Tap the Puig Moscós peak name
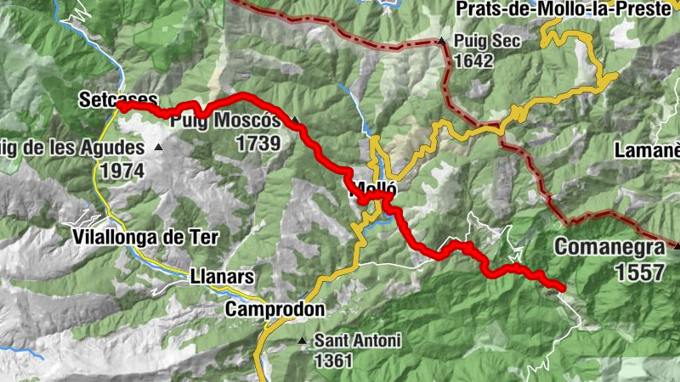pos(225,121)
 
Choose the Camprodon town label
pos(275,310)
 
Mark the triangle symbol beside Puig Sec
pos(442,41)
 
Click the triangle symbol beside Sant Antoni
pos(302,341)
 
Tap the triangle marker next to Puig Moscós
pos(295,120)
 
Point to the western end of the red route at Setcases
pos(120,106)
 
